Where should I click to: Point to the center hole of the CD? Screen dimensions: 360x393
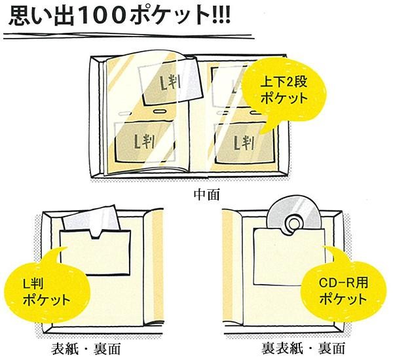[291, 226]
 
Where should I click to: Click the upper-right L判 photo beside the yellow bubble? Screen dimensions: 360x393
[229, 82]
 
